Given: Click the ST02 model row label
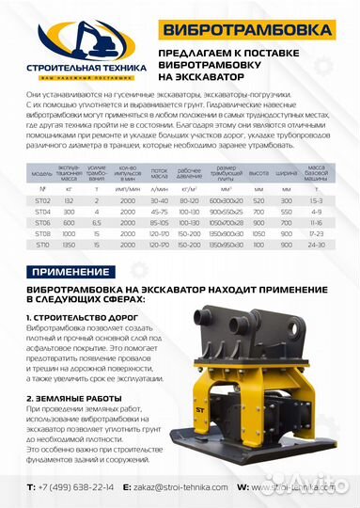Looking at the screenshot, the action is (42, 200).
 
